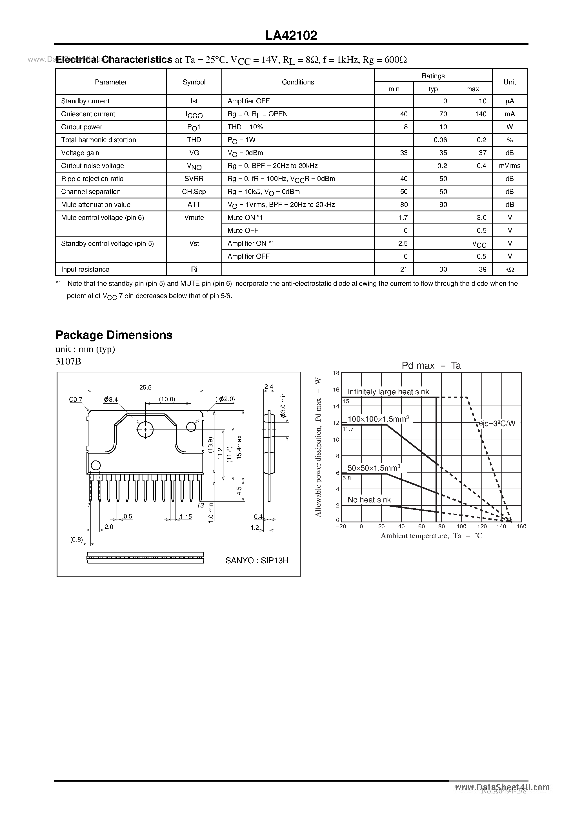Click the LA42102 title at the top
(x=291, y=35)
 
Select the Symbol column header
(x=194, y=82)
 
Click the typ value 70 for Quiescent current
(x=443, y=114)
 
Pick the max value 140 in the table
(x=481, y=114)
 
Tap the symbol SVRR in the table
(x=194, y=178)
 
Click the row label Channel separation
(x=91, y=191)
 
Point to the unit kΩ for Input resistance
(x=510, y=269)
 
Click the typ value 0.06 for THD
(x=440, y=140)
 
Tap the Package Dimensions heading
(x=114, y=335)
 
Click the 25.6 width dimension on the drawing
(x=145, y=387)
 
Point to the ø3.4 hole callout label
(x=111, y=399)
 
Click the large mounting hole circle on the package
(x=145, y=430)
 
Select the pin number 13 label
(x=200, y=506)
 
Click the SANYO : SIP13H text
(x=257, y=560)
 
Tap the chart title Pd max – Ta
(x=431, y=366)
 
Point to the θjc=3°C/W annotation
(x=497, y=423)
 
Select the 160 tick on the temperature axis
(x=521, y=526)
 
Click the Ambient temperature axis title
(x=431, y=536)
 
